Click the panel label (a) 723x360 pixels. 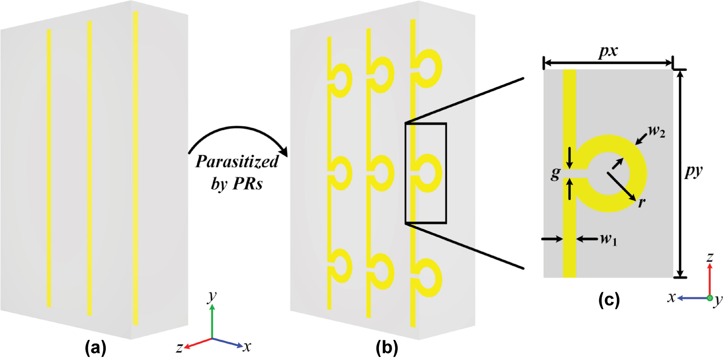(95, 348)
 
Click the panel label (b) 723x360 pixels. (387, 348)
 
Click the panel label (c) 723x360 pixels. (608, 300)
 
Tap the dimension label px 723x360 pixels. (608, 52)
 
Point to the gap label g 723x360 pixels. (555, 173)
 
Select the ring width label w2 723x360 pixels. (656, 131)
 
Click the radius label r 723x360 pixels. (642, 202)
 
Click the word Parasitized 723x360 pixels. (236, 162)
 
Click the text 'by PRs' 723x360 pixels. (236, 183)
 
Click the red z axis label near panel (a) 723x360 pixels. (179, 348)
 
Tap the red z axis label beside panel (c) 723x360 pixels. (710, 257)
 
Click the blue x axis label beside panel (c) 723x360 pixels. (671, 298)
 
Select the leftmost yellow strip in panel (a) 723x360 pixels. (49, 168)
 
